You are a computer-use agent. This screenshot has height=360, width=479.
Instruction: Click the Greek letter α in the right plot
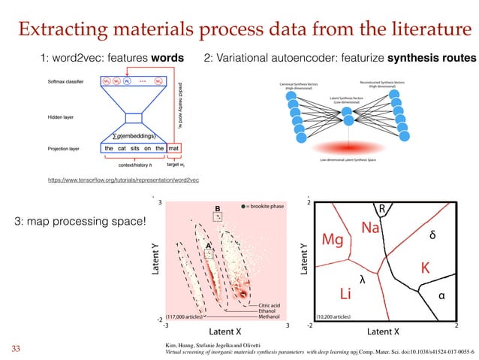click(x=442, y=295)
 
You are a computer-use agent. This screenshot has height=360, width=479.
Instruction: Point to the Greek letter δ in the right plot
click(x=432, y=235)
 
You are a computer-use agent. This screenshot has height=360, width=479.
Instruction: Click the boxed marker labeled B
click(x=218, y=216)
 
